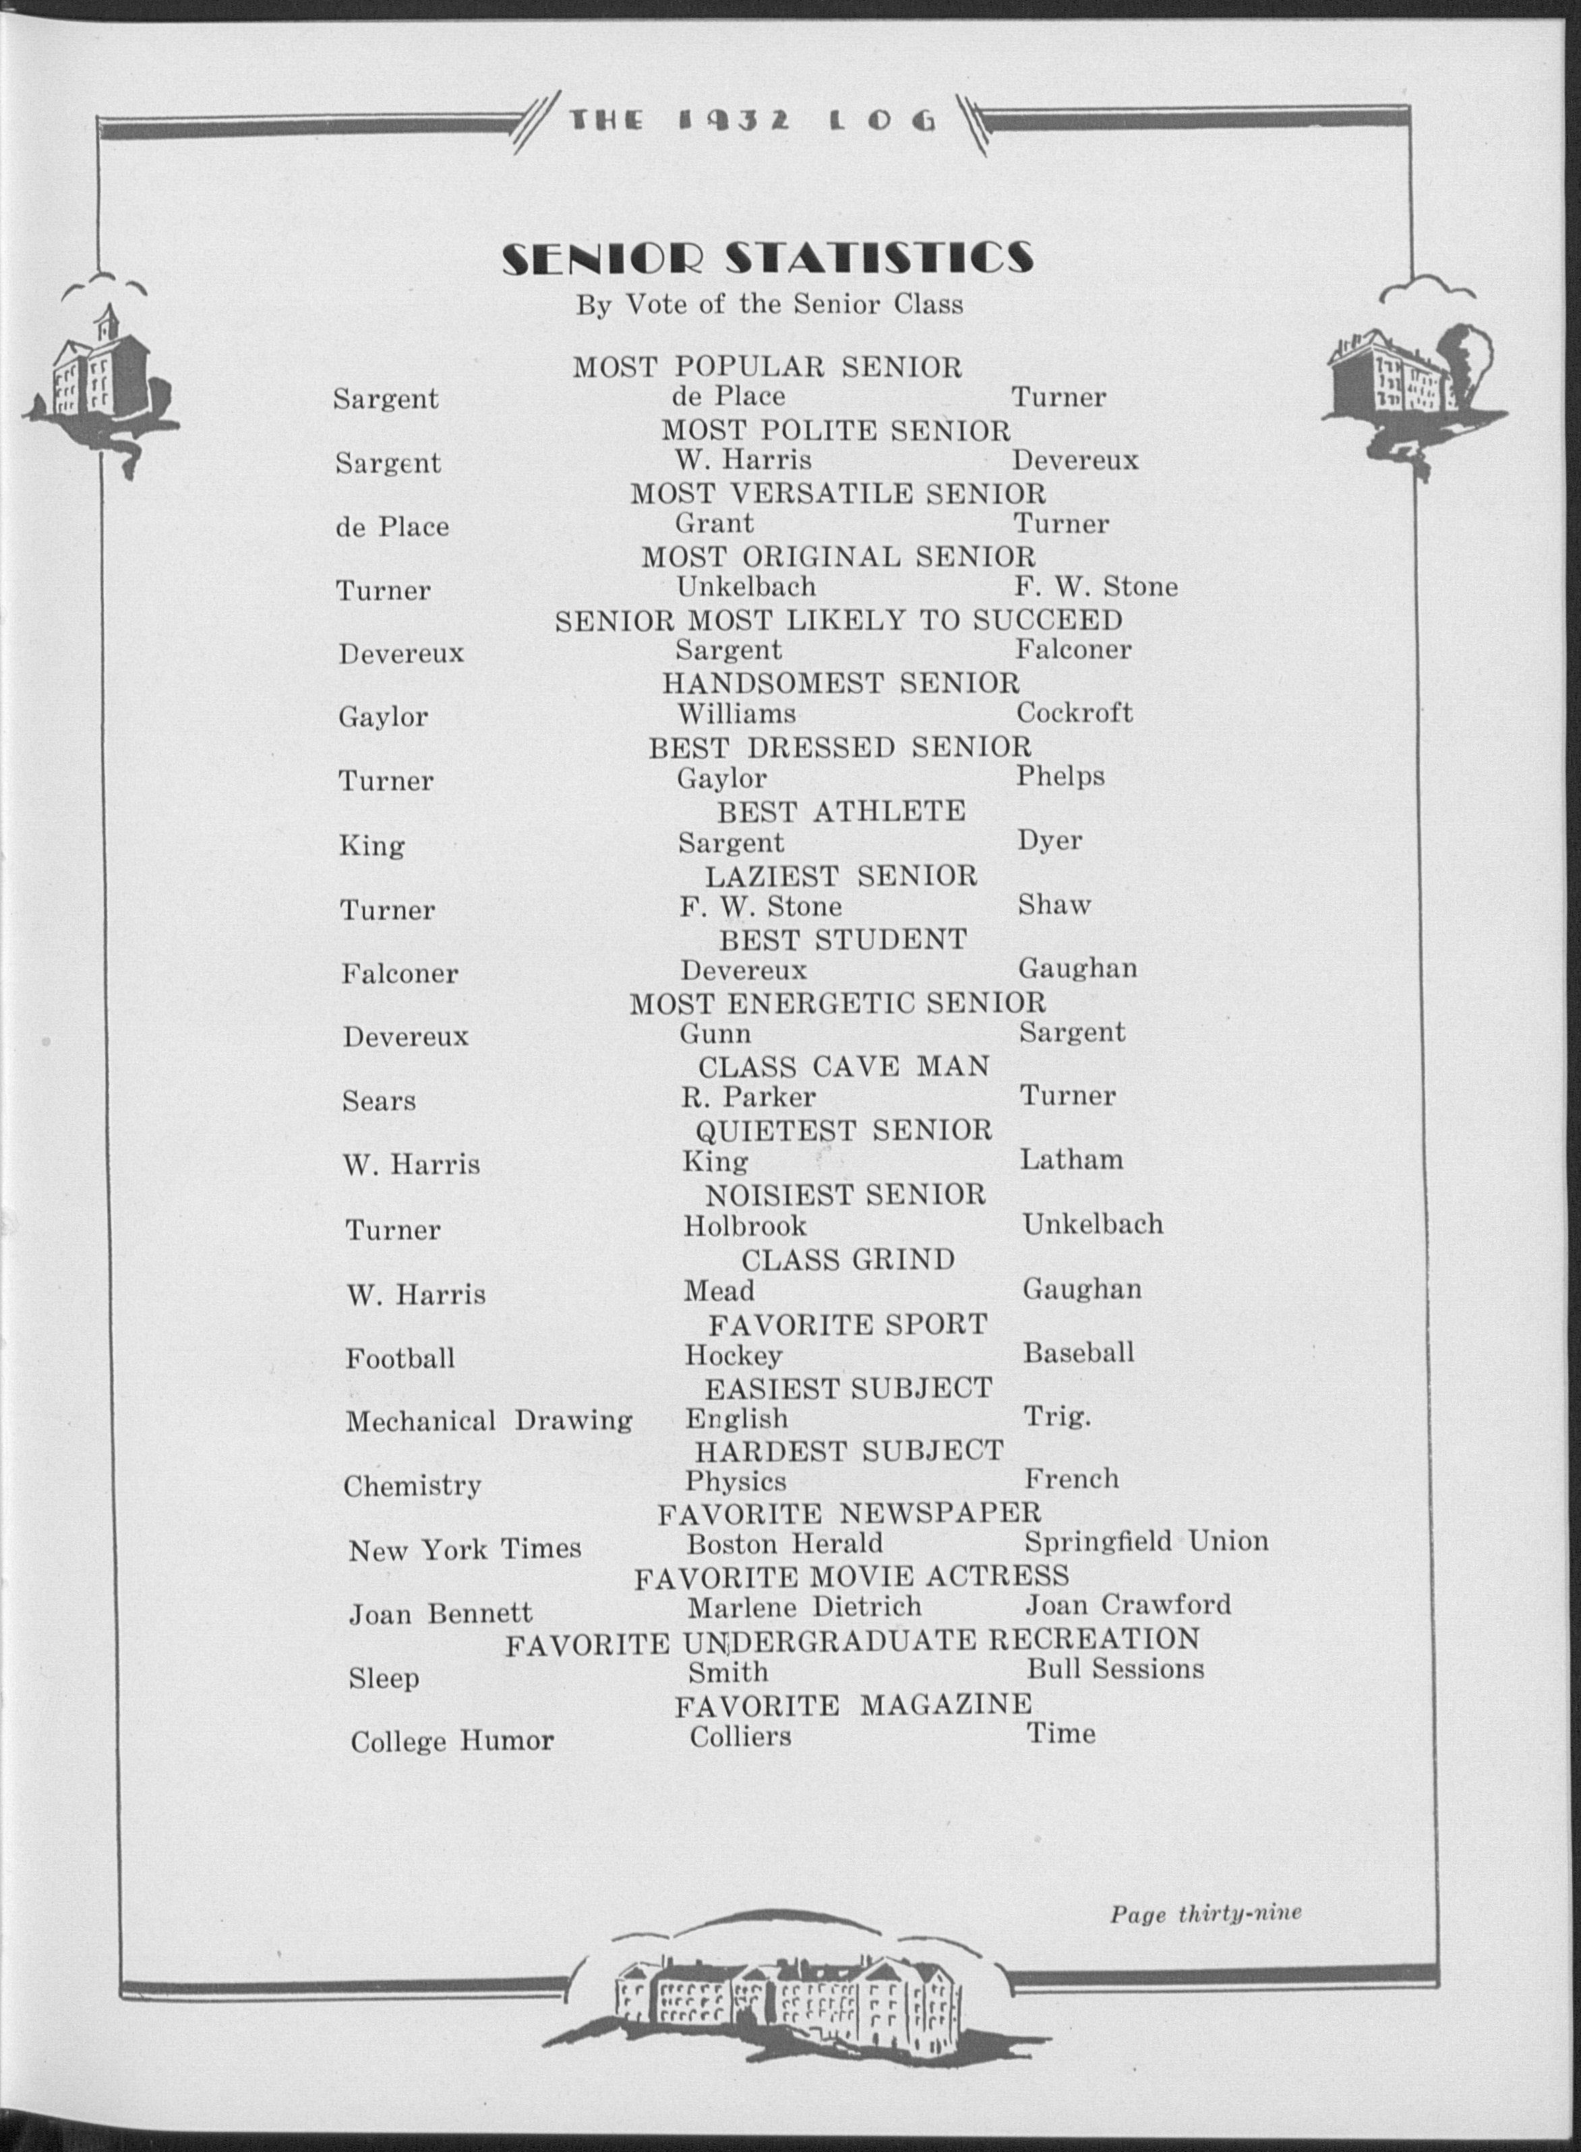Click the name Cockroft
pos(1074,713)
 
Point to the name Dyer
pos(1050,841)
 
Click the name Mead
pos(719,1291)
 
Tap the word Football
pos(400,1358)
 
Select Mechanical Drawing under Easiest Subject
pos(488,1421)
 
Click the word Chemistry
pos(411,1486)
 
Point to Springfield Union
pos(1145,1541)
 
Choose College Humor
pos(452,1741)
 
